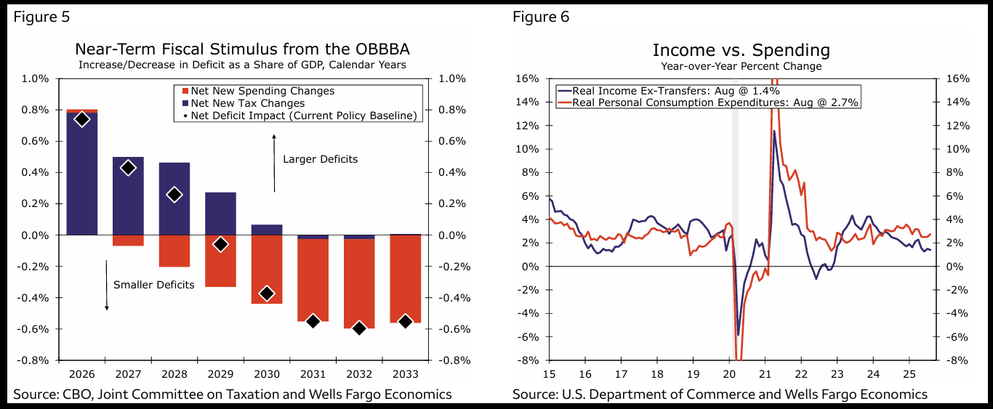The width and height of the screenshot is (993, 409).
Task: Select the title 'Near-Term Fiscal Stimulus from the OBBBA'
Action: point(242,49)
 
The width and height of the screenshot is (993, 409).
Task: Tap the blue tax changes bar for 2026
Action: point(82,174)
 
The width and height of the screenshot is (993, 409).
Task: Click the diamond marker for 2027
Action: point(128,168)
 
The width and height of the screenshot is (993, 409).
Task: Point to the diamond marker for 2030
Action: point(267,293)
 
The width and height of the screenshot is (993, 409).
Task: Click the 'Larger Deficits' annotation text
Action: point(320,159)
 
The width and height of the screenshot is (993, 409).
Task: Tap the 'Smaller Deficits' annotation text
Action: point(154,285)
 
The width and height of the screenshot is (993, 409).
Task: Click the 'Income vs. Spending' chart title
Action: point(741,49)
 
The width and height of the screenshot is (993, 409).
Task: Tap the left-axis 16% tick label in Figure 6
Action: point(528,78)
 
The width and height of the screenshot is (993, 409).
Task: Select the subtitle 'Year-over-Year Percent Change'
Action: point(741,66)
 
